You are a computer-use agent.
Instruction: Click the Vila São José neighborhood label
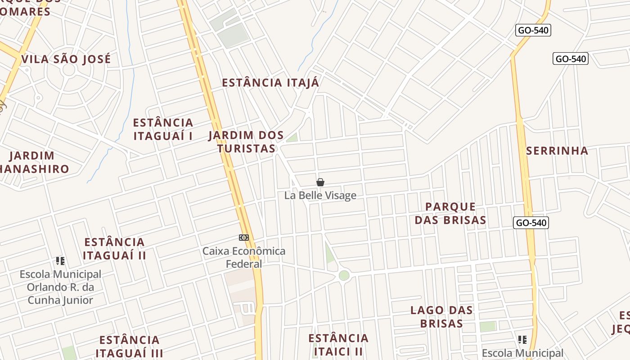tap(66, 59)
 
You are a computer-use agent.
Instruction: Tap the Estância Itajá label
tap(270, 83)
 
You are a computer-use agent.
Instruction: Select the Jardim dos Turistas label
tap(246, 142)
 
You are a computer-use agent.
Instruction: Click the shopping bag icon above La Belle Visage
tap(320, 182)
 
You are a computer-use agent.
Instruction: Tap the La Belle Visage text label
tap(320, 195)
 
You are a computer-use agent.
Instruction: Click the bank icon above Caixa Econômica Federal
tap(244, 238)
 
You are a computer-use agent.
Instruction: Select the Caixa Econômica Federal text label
tap(244, 257)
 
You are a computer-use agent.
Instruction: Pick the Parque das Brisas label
tap(450, 213)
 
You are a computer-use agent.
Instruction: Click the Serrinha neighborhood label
tap(557, 151)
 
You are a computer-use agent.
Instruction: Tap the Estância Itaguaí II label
tap(115, 249)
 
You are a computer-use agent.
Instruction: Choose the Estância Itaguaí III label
tap(129, 346)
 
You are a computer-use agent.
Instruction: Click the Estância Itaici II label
tap(338, 344)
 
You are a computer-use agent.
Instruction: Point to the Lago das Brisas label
tap(441, 317)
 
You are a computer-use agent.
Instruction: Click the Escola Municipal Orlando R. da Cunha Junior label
tap(60, 287)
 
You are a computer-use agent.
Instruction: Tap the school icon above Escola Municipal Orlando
tap(60, 261)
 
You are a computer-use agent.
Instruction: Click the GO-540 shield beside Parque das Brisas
tap(531, 223)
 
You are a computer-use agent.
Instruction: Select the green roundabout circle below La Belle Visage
tap(344, 275)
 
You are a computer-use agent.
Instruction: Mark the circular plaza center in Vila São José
tap(68, 70)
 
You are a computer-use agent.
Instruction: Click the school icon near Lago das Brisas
tap(522, 339)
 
